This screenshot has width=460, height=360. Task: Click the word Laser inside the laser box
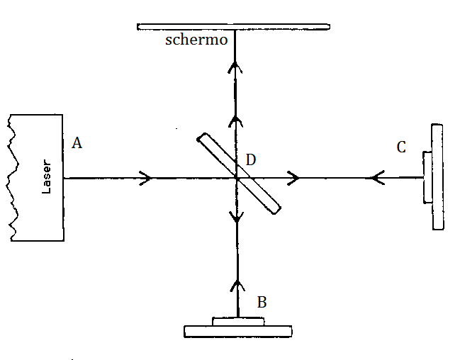(47, 179)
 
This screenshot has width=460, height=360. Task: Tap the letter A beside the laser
(77, 143)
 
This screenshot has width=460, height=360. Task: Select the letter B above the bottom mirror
(262, 302)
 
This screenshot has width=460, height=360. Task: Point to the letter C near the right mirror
(401, 147)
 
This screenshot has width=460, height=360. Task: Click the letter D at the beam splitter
(250, 160)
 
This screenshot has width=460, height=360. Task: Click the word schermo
(196, 40)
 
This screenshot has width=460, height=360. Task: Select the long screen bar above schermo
(234, 27)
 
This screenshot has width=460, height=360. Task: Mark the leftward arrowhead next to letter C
(376, 178)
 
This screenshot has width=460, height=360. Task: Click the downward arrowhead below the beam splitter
(236, 217)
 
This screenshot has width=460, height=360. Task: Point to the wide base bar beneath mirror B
(237, 331)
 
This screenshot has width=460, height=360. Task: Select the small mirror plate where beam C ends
(426, 177)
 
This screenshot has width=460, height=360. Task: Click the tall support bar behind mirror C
(437, 177)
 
